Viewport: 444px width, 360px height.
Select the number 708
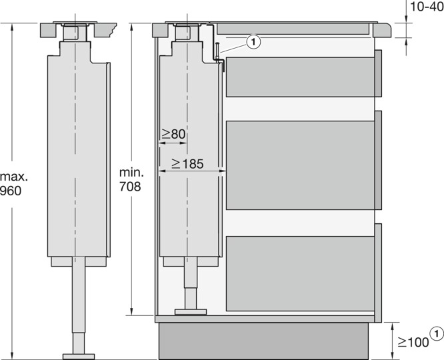point(130,187)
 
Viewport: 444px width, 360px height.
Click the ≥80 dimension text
point(173,135)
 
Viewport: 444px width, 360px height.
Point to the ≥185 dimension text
point(187,163)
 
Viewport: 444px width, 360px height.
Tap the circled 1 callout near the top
point(253,41)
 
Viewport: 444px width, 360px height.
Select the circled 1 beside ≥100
point(437,333)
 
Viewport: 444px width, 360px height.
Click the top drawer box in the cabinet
point(299,76)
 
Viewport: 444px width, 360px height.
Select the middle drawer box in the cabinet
point(299,165)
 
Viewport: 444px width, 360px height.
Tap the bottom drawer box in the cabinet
point(299,273)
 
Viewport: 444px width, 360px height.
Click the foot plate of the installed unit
point(191,311)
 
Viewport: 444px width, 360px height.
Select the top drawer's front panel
point(379,73)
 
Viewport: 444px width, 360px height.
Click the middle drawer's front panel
point(379,160)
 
